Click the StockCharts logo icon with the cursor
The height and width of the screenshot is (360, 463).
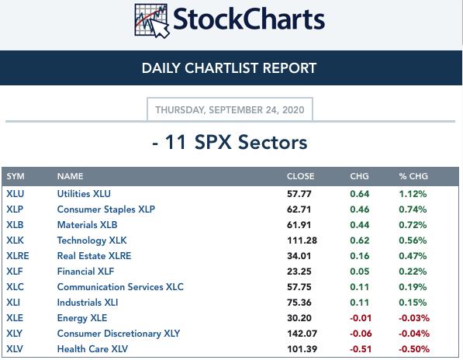pos(152,21)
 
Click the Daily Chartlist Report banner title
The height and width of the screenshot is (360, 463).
pos(229,68)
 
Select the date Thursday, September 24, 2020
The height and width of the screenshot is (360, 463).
pos(230,110)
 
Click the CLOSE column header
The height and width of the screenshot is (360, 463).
pos(300,176)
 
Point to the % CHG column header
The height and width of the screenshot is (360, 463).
pos(413,176)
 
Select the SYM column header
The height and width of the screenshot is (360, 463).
pos(16,176)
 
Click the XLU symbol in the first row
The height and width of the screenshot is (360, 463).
pos(15,194)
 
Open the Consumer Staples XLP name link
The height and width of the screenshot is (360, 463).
pos(106,209)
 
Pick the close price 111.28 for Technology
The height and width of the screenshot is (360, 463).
pos(302,241)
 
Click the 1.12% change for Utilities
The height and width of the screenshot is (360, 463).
pos(413,194)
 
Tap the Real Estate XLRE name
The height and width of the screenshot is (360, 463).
pos(94,256)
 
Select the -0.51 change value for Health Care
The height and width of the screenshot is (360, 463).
pos(361,349)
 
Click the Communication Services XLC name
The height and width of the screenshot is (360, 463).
pos(120,287)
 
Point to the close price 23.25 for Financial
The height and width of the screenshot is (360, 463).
pos(299,272)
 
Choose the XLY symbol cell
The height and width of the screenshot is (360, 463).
pos(15,334)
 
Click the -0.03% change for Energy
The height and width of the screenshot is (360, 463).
pos(414,318)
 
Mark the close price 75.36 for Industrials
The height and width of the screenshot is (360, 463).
pos(299,303)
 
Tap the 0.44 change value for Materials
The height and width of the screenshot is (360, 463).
pos(360,225)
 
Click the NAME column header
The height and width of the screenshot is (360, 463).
pos(71,176)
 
